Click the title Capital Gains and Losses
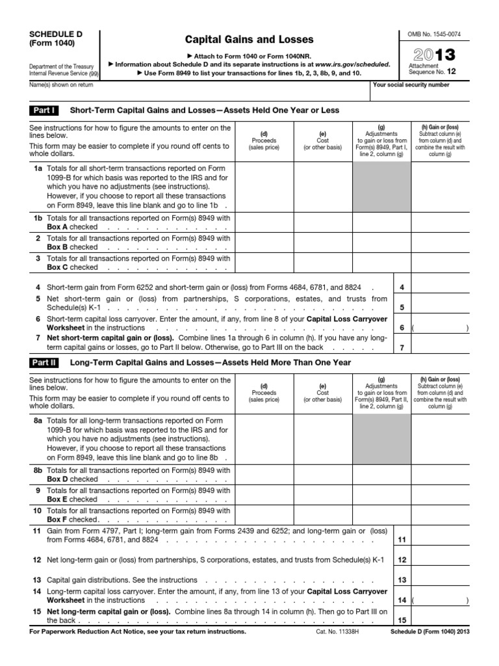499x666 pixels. [x=250, y=40]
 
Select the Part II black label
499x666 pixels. [x=45, y=362]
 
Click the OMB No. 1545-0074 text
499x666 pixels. [x=434, y=33]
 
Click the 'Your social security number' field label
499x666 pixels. [x=411, y=85]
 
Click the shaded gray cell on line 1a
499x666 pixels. [x=381, y=187]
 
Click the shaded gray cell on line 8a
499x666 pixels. [x=381, y=438]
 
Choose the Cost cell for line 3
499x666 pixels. [x=322, y=262]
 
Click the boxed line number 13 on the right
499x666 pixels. [x=402, y=579]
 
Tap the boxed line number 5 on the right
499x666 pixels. [x=402, y=307]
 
